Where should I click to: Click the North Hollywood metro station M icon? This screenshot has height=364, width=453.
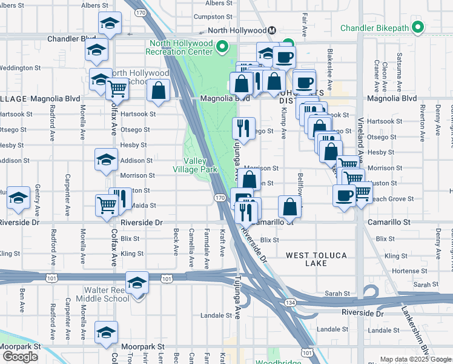click(x=273, y=30)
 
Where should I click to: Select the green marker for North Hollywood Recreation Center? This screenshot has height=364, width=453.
click(x=223, y=47)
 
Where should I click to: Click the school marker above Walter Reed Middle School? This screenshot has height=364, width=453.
click(x=137, y=283)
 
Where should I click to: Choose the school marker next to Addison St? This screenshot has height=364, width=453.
click(x=106, y=160)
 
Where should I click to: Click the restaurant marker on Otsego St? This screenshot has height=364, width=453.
click(x=243, y=127)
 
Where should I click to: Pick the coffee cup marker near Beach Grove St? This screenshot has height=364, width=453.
click(x=344, y=195)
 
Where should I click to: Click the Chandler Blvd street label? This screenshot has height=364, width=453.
click(x=72, y=39)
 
